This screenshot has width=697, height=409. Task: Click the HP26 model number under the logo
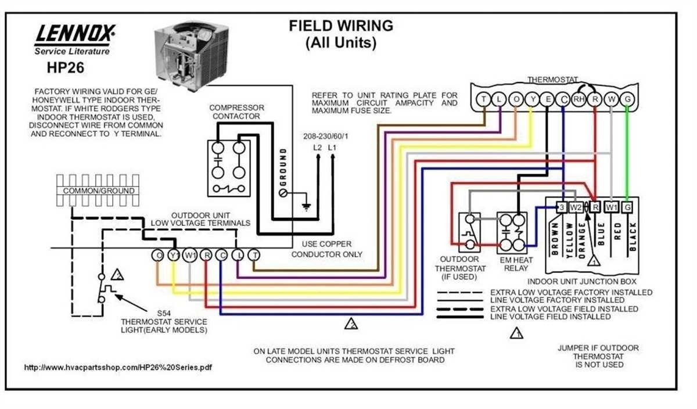(65, 68)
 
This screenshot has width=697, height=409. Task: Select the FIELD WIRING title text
(341, 26)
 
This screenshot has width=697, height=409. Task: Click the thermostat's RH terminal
(578, 99)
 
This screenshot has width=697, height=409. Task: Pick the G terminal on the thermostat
(627, 99)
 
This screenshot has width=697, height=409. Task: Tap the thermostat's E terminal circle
(547, 99)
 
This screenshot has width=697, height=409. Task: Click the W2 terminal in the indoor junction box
(576, 207)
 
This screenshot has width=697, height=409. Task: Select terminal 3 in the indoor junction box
(561, 207)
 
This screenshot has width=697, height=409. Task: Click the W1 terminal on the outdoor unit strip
(189, 255)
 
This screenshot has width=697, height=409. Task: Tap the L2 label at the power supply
(318, 148)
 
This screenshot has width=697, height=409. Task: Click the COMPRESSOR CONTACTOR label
(236, 112)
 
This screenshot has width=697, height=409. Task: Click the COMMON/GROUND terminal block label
(99, 191)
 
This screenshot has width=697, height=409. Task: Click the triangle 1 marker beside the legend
(516, 333)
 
